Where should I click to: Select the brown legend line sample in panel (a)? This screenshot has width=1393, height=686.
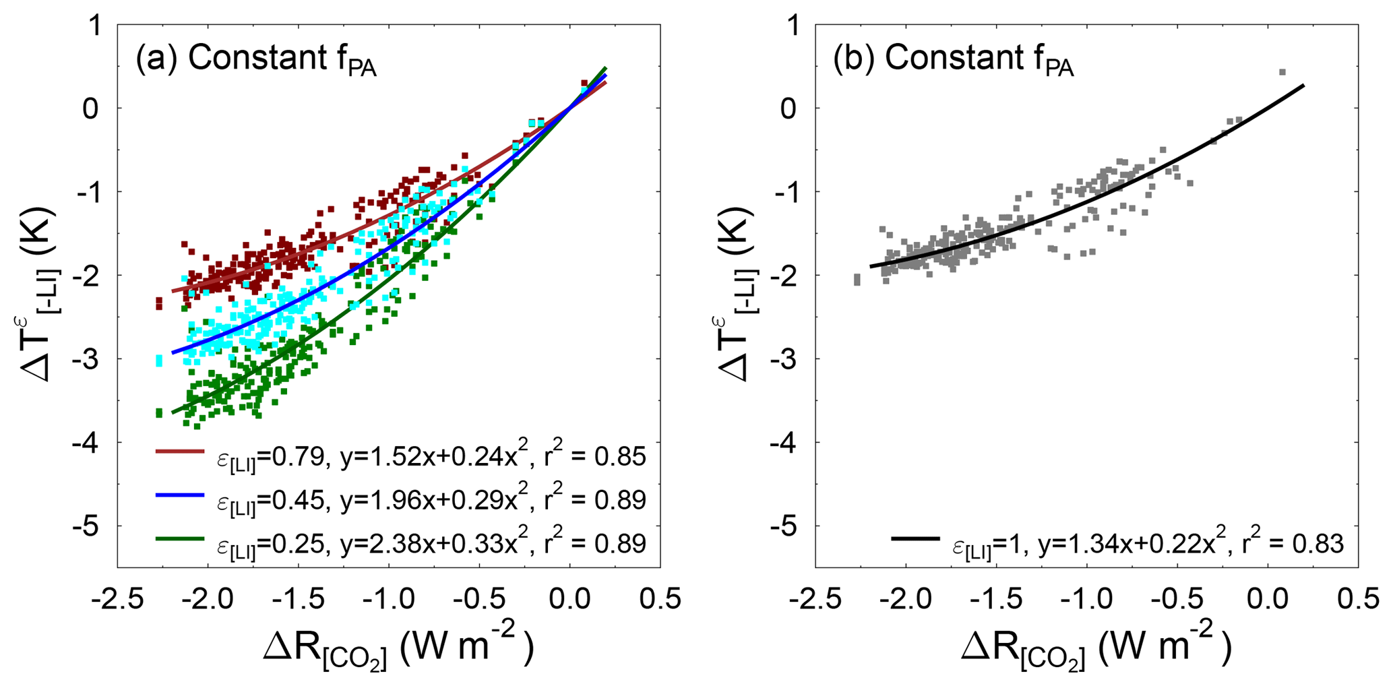pos(179,451)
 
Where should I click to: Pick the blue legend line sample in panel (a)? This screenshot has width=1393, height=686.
pos(179,495)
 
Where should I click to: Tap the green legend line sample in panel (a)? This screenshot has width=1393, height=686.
pos(179,538)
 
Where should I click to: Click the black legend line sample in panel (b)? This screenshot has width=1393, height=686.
pos(915,538)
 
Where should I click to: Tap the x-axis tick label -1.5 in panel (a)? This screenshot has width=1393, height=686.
pos(297,598)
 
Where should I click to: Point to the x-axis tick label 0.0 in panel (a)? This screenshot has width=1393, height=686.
pos(569,598)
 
